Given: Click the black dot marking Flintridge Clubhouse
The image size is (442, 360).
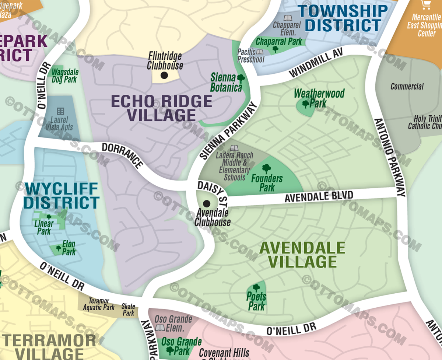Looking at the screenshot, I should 164,75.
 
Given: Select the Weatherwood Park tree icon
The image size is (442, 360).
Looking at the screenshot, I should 306,104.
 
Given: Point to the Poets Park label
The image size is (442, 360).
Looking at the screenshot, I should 256,301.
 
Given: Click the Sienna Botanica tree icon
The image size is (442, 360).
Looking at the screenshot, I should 241,78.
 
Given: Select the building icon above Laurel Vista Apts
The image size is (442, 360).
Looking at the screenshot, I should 60,111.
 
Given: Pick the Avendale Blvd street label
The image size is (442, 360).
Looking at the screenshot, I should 319,196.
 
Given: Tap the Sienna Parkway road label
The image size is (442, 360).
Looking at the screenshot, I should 229,131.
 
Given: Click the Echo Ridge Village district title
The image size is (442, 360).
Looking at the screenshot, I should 161,108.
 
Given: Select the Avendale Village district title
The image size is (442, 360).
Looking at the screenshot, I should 302,255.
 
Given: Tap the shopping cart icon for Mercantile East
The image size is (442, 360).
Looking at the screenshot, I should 427,5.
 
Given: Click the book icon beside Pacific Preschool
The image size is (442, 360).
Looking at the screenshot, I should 260,52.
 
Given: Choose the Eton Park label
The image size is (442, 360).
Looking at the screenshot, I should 69,248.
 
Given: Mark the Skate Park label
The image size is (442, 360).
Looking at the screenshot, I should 129,310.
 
